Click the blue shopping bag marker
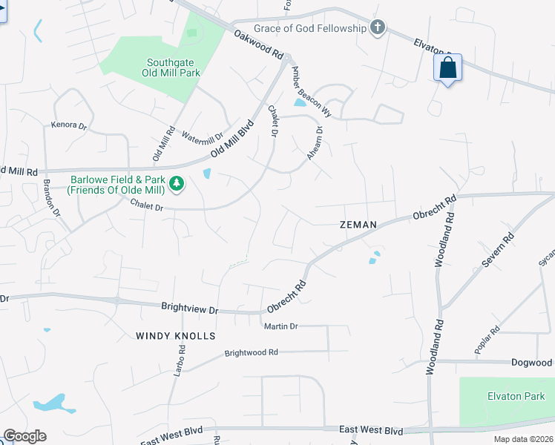click(447, 68)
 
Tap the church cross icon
click(378, 28)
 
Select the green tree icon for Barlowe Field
click(177, 182)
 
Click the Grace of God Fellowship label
click(310, 28)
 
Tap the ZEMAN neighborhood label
click(358, 224)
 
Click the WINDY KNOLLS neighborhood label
click(175, 336)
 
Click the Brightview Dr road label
click(191, 306)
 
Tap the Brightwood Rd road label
click(251, 353)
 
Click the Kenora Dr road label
click(69, 125)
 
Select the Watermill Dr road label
click(202, 138)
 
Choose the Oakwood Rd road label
click(259, 44)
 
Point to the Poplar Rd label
click(487, 340)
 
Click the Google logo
click(24, 436)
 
